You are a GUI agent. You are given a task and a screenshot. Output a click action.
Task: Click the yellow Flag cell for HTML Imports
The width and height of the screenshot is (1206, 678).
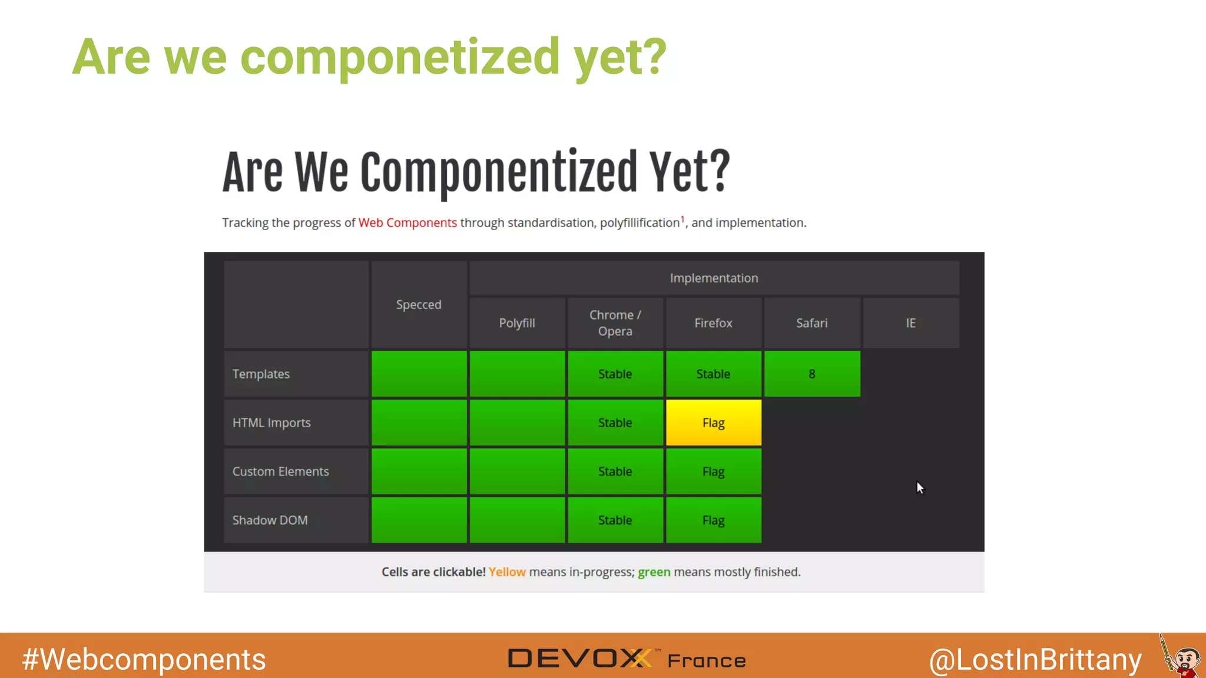pyautogui.click(x=713, y=423)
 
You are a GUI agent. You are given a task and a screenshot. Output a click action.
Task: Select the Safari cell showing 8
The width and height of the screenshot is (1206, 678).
pyautogui.click(x=811, y=374)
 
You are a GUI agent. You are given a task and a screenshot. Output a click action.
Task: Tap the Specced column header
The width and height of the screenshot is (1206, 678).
pyautogui.click(x=419, y=305)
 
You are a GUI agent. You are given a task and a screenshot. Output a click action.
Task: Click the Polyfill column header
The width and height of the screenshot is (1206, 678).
pyautogui.click(x=517, y=323)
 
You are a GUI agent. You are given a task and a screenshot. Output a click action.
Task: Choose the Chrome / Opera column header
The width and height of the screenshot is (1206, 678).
pyautogui.click(x=615, y=323)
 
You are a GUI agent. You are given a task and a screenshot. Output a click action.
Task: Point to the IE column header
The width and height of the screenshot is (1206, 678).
pyautogui.click(x=910, y=323)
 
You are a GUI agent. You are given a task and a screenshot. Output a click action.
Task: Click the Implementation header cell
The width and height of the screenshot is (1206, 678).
pyautogui.click(x=714, y=278)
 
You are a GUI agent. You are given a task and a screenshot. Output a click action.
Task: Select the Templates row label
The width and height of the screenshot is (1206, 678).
pyautogui.click(x=261, y=374)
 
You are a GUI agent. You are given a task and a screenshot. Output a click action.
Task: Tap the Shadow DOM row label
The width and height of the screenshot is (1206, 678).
pyautogui.click(x=270, y=520)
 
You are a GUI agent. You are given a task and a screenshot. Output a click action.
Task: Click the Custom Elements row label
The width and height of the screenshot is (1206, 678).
pyautogui.click(x=280, y=471)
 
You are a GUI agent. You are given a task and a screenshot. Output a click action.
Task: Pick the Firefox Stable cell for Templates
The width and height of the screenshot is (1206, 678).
pyautogui.click(x=713, y=374)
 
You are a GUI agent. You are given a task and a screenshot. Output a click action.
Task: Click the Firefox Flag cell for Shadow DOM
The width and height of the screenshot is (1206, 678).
pyautogui.click(x=713, y=520)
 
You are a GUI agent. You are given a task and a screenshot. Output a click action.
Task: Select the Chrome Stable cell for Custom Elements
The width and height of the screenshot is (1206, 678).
pyautogui.click(x=615, y=471)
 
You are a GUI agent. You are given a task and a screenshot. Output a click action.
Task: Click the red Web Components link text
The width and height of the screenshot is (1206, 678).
pyautogui.click(x=407, y=223)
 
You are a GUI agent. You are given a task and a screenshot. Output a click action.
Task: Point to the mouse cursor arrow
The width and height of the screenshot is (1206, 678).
pyautogui.click(x=920, y=487)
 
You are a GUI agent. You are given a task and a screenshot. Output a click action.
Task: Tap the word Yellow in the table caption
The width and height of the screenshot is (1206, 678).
pyautogui.click(x=506, y=572)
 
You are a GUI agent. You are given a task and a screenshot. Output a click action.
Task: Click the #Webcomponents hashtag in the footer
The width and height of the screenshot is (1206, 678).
pyautogui.click(x=144, y=659)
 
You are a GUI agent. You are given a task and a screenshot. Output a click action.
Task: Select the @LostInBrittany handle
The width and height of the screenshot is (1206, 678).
pyautogui.click(x=1035, y=659)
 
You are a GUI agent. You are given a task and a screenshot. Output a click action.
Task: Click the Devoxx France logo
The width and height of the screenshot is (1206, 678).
pyautogui.click(x=627, y=659)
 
